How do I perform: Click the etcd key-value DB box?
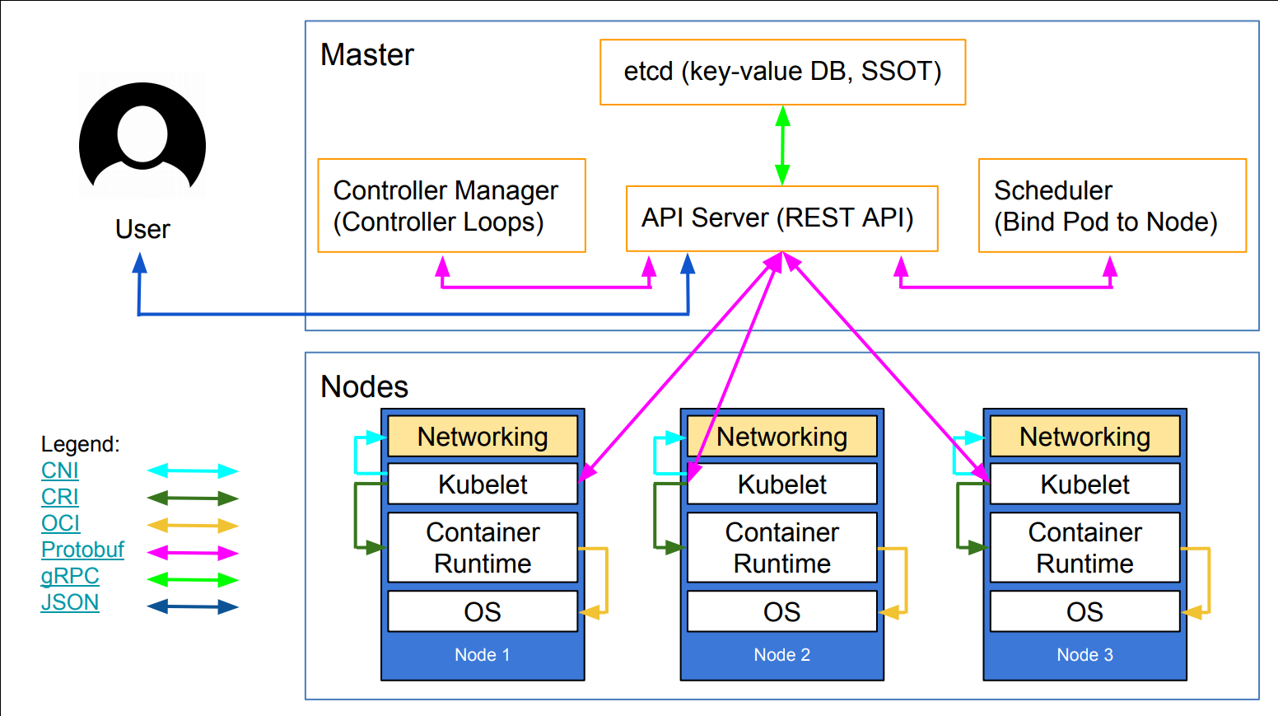click(782, 72)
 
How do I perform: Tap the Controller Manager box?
click(451, 206)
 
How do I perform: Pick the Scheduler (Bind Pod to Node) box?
click(1112, 206)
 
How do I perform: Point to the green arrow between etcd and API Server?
click(782, 145)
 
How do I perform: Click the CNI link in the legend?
click(60, 470)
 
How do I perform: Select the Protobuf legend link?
click(82, 550)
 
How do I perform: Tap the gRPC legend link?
click(70, 576)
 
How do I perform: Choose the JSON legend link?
click(70, 602)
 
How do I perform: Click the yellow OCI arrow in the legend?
click(193, 525)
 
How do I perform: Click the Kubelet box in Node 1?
click(483, 484)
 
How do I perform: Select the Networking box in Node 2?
click(781, 437)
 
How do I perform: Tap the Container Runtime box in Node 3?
click(1084, 548)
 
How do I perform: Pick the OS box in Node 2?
click(781, 612)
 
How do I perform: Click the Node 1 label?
click(483, 655)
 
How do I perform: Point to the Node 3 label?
click(1084, 655)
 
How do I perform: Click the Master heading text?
click(367, 55)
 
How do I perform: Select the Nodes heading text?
click(364, 386)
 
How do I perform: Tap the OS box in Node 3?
click(1084, 612)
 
